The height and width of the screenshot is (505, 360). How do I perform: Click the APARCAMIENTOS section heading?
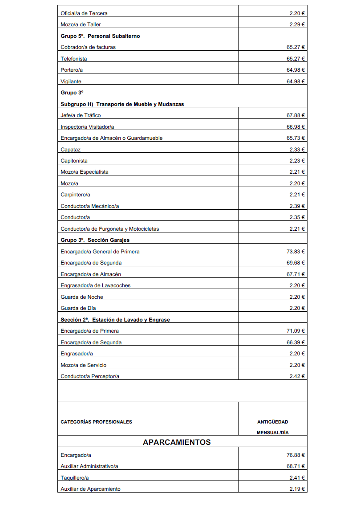point(177,442)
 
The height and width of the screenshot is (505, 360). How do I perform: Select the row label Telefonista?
point(74,59)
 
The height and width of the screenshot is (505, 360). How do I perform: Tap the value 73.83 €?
point(295,252)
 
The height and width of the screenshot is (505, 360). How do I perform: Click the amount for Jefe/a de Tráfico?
point(295,115)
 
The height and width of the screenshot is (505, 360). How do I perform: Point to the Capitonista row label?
point(74,161)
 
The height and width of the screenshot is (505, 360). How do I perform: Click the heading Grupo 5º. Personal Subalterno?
point(100,36)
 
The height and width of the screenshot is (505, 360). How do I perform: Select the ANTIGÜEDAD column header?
point(272,422)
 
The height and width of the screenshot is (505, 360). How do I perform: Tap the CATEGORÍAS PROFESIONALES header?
point(96,422)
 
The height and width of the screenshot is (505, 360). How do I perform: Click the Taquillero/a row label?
point(75,478)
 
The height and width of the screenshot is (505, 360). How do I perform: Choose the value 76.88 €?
point(295,455)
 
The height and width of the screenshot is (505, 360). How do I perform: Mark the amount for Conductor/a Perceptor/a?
point(297,376)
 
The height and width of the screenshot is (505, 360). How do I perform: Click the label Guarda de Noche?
point(82,297)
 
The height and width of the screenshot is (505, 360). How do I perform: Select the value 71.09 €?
point(295,331)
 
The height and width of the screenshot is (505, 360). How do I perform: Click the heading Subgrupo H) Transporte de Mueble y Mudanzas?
point(122,104)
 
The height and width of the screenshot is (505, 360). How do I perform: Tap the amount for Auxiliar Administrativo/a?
point(295,466)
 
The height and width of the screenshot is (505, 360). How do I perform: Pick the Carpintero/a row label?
point(76,195)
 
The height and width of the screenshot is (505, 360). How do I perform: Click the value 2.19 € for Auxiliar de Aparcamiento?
point(297,489)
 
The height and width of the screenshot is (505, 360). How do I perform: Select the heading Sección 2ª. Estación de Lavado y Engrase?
point(115,320)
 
